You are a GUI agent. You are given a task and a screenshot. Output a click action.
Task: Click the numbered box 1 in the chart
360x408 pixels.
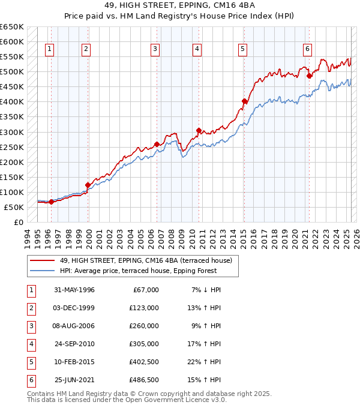49,49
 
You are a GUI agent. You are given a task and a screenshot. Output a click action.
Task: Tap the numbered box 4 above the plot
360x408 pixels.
197,49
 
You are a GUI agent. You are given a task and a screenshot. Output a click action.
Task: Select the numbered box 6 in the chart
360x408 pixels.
307,49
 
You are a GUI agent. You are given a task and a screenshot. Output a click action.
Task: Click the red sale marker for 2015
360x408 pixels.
244,101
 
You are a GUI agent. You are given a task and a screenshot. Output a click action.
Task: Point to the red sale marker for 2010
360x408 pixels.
199,130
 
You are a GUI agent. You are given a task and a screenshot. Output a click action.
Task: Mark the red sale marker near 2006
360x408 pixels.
157,144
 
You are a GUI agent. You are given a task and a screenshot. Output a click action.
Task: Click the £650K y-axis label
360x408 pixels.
12,27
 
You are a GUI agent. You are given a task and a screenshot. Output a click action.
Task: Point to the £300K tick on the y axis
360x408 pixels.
12,132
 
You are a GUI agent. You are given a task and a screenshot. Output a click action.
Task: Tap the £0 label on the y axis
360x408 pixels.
18,222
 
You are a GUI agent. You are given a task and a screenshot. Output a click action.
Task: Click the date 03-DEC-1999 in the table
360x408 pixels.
74,308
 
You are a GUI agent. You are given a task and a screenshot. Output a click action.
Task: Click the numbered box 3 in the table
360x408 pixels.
30,326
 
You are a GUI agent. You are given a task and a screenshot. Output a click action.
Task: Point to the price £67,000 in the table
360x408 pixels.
146,290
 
